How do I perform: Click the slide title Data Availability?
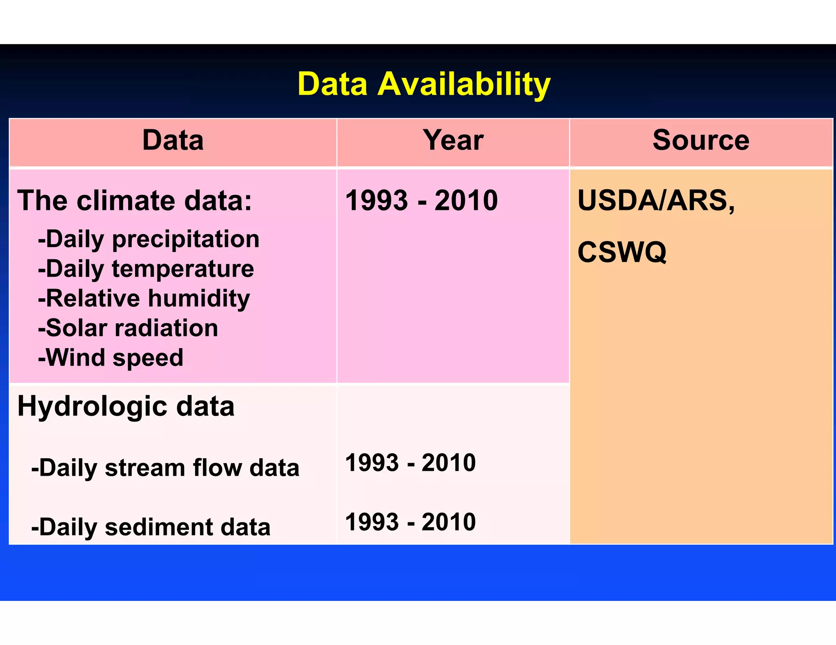point(424,84)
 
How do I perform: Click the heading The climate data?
point(135,201)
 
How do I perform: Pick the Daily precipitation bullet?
point(149,239)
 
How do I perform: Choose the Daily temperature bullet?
point(146,269)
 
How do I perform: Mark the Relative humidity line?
point(144,298)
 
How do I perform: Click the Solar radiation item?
point(128,328)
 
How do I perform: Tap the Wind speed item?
point(111,358)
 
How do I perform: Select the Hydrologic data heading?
point(126,407)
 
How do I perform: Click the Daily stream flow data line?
point(165,468)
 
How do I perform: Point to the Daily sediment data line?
point(151,527)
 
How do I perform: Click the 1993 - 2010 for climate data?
point(421,201)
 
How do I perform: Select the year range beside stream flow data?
point(410,463)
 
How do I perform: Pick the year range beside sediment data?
point(410,522)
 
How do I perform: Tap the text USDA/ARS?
point(656,201)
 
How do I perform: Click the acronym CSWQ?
point(622,252)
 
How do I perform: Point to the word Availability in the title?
point(464,84)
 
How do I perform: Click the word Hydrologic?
point(92,407)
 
